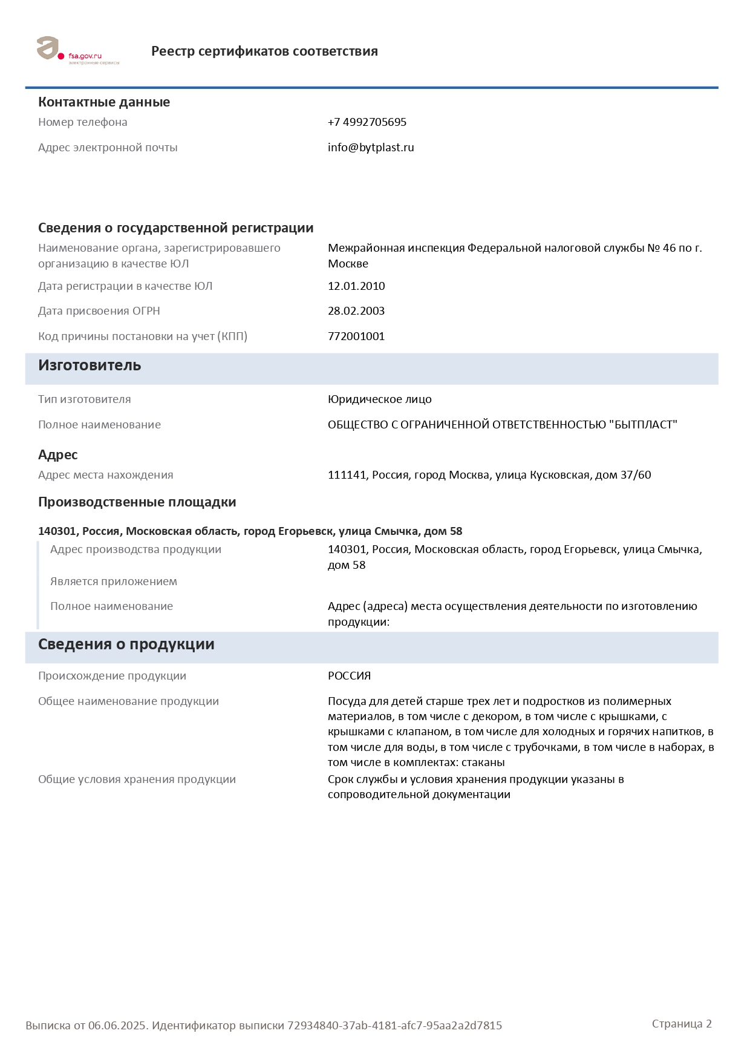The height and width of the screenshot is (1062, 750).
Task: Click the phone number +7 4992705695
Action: pos(367,122)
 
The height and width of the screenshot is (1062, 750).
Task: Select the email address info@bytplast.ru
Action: pos(371,148)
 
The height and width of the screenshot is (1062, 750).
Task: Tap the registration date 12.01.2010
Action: pos(356,286)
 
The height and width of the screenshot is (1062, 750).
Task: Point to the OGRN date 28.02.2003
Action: pos(356,311)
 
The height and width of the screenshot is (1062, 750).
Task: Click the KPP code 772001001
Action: pos(356,336)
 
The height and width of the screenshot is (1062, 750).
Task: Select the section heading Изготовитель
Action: pos(90,365)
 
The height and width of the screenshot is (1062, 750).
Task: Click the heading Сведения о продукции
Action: pos(126,644)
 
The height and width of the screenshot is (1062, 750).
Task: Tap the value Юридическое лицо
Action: pos(379,399)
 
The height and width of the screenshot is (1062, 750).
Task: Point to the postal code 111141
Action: pos(347,475)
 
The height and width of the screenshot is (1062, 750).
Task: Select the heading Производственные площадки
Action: pos(137,502)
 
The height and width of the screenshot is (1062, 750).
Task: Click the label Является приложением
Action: pos(114,582)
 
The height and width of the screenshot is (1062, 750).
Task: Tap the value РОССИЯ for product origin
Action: pos(349,676)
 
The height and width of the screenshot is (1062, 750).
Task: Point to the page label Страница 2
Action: pos(682,1024)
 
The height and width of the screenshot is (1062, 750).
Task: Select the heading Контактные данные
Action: pos(104,102)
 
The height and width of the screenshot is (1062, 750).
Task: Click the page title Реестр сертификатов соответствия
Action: pos(264,51)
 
